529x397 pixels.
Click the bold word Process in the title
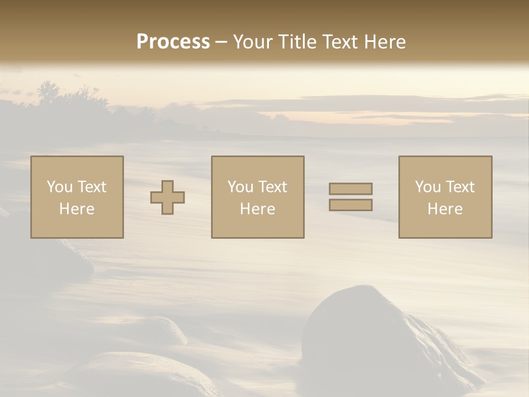tap(173, 42)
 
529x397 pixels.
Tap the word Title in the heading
tap(298, 42)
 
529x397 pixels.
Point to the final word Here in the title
tap(385, 42)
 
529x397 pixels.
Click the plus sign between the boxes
tap(168, 197)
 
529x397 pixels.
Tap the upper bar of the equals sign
tap(350, 189)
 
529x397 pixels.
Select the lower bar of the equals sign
tap(350, 205)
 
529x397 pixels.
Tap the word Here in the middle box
tap(258, 209)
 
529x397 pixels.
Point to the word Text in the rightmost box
tap(460, 187)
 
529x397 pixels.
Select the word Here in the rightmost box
tap(445, 209)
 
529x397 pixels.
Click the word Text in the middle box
tap(272, 187)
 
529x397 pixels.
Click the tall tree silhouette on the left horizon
tap(48, 93)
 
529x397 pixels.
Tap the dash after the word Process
tap(222, 42)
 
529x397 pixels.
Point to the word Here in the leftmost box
tap(77, 209)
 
